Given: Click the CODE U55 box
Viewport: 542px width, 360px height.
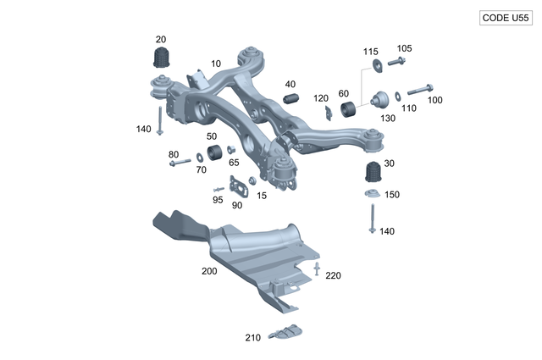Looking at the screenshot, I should click(x=505, y=17).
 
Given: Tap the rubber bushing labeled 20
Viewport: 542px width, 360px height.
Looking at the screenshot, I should click(x=161, y=58).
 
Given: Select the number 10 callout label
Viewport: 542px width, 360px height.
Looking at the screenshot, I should click(x=216, y=64).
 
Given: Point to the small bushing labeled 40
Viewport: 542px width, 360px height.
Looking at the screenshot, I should click(x=291, y=100).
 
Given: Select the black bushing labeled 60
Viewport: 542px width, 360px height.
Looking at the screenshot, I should click(x=347, y=108).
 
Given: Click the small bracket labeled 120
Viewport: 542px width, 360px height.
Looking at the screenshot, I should click(x=328, y=113).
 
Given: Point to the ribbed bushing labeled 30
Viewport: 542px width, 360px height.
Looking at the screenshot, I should click(x=372, y=173).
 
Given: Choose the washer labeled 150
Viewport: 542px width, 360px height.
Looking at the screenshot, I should click(x=371, y=196).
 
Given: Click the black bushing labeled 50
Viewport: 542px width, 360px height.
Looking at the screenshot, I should click(x=213, y=152).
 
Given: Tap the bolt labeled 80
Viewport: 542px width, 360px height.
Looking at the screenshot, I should click(x=179, y=162).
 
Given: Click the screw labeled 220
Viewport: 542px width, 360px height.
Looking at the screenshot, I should click(x=317, y=269).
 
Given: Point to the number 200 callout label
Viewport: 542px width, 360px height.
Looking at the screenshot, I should click(x=209, y=272).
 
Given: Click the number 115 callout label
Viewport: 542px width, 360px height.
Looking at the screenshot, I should click(x=371, y=53).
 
